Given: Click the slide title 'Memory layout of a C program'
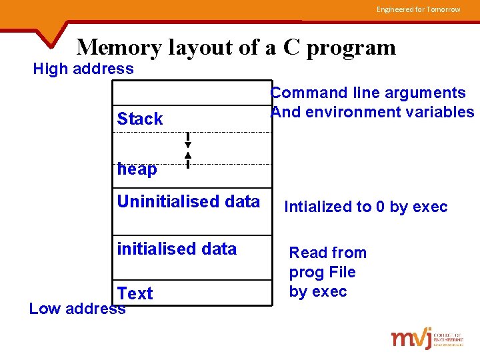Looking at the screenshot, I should click(x=236, y=47).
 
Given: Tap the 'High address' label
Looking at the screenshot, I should click(x=83, y=69).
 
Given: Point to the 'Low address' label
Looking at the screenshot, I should click(x=77, y=309).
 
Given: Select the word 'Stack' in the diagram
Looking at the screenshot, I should click(x=140, y=119).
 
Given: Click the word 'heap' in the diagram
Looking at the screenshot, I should click(x=137, y=169).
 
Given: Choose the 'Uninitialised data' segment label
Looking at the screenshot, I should click(x=189, y=201).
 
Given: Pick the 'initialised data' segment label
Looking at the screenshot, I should click(x=177, y=249).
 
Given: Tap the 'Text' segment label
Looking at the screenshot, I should click(x=135, y=293).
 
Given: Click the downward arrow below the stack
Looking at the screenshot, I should click(x=188, y=141).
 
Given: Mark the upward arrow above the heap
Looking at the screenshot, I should click(x=188, y=159).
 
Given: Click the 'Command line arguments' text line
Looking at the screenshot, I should click(x=368, y=93).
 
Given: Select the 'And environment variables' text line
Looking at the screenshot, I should click(x=373, y=112).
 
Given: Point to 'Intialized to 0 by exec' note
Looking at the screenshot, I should click(x=366, y=207).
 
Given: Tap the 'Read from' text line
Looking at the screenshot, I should click(x=327, y=253).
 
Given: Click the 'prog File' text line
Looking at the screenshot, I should click(x=322, y=272).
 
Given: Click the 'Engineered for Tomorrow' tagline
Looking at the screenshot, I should click(x=418, y=9).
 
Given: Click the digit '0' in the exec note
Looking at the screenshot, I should click(x=380, y=207).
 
